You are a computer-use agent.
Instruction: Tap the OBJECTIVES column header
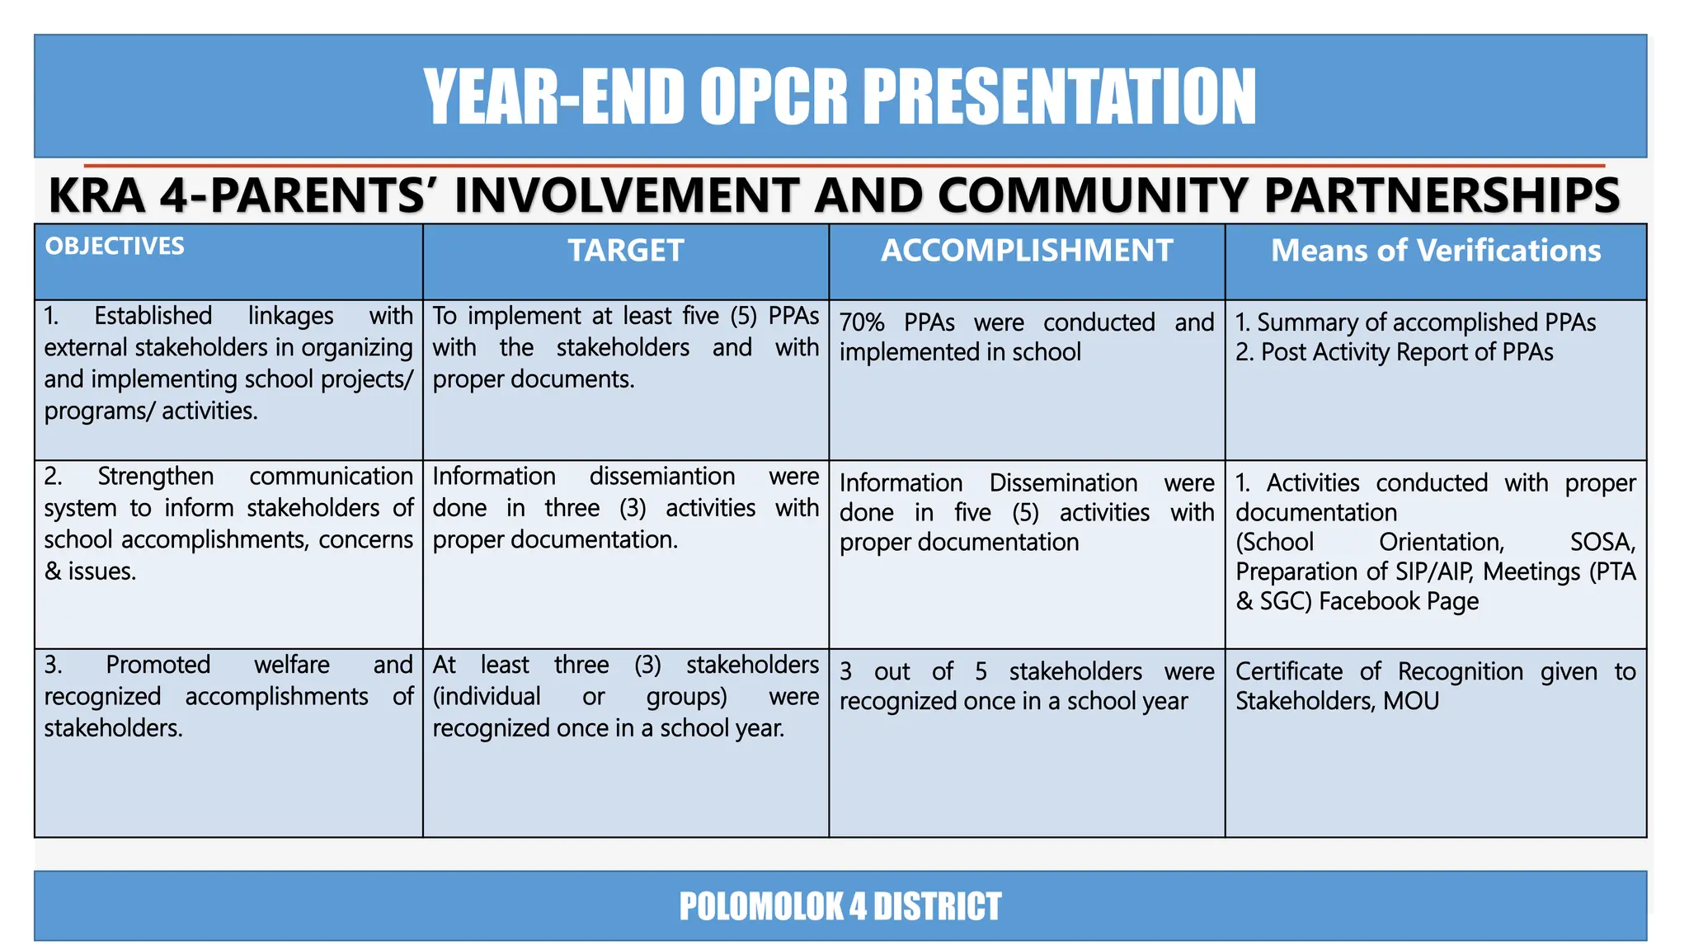pos(115,247)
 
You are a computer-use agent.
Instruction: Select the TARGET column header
pos(625,251)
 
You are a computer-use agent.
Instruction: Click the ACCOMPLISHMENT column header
pos(1027,251)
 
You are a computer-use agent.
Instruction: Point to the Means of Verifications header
pos(1435,251)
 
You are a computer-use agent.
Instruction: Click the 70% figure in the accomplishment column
pos(862,322)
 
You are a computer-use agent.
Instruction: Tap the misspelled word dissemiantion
pos(661,477)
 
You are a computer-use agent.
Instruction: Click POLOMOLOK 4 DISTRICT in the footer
pos(840,906)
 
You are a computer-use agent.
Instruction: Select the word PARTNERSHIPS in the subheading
pos(1442,196)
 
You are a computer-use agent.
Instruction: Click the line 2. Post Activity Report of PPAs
pos(1394,353)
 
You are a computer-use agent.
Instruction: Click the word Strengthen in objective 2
pos(155,477)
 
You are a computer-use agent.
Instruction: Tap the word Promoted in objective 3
pos(158,665)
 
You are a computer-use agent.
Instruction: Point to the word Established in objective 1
pos(153,317)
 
